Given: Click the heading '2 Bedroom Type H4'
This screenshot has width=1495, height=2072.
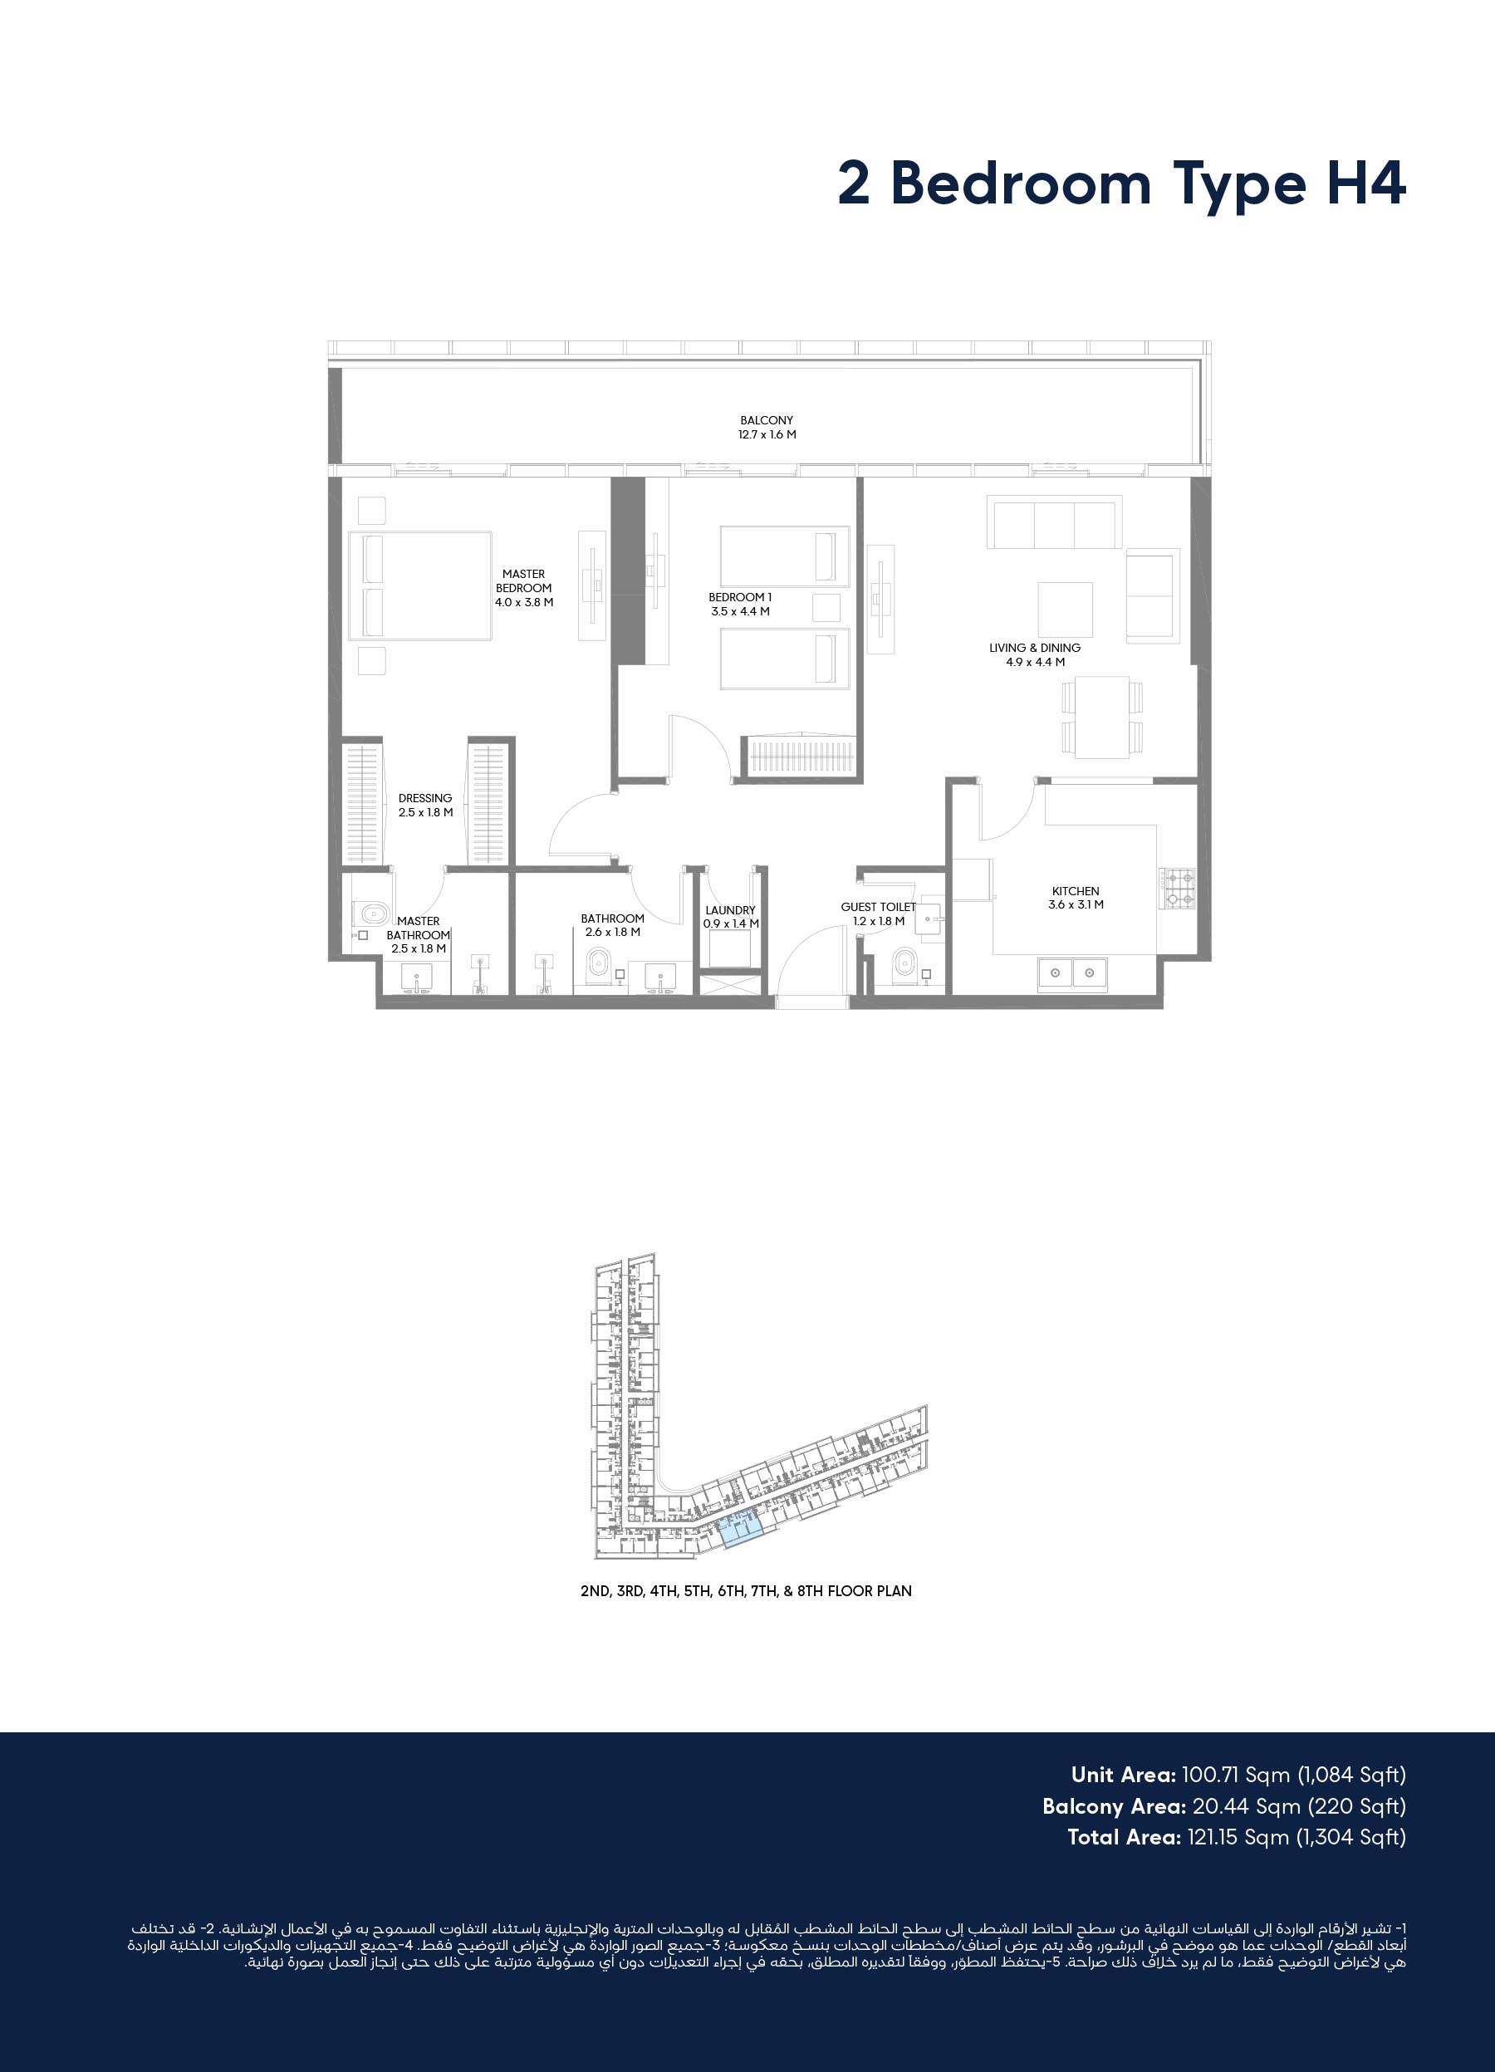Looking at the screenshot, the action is click(1121, 184).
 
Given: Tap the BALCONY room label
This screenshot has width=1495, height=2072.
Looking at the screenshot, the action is click(767, 420).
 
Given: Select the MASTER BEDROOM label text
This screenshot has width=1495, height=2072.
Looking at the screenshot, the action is click(523, 581).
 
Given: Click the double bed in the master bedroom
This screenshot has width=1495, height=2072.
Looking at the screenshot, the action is click(420, 585).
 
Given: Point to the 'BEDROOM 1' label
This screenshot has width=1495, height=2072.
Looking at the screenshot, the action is click(740, 597).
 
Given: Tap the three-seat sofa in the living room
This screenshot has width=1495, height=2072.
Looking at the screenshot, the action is click(1055, 522).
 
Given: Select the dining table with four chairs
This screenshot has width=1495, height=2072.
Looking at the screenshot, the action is click(1102, 718).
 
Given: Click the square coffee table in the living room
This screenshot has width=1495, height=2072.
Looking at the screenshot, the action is click(1066, 610).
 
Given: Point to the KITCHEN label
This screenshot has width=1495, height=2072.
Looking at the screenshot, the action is click(1076, 891).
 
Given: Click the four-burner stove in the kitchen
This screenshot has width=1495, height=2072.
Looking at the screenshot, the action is click(1176, 888).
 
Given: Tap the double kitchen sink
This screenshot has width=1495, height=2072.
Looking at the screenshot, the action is click(1072, 974).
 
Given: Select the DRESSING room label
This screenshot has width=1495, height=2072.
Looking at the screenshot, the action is click(425, 797).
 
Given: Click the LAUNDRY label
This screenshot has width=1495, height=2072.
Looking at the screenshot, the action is click(730, 910).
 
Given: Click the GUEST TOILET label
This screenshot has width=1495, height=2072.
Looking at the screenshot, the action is click(878, 907).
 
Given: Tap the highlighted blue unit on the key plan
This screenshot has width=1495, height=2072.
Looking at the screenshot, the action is click(741, 1527).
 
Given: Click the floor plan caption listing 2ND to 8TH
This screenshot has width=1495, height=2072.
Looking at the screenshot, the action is click(746, 1590).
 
